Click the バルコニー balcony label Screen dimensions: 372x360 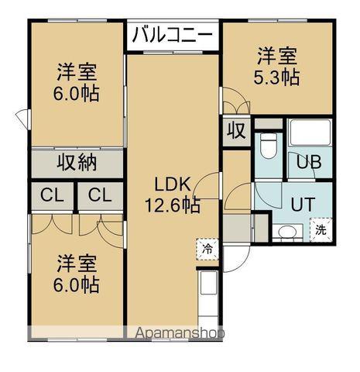(x=173, y=34)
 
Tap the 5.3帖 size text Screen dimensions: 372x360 (x=277, y=77)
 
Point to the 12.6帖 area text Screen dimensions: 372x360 (x=172, y=205)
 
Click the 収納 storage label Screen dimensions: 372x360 (x=77, y=163)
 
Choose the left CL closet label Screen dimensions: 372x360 (x=52, y=195)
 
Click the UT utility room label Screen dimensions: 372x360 (x=303, y=205)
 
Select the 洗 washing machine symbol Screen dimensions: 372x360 (x=321, y=230)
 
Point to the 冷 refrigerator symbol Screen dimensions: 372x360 (x=207, y=249)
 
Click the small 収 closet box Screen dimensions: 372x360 (x=235, y=131)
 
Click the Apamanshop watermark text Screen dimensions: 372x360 (x=180, y=334)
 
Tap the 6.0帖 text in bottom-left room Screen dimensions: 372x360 (x=77, y=284)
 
